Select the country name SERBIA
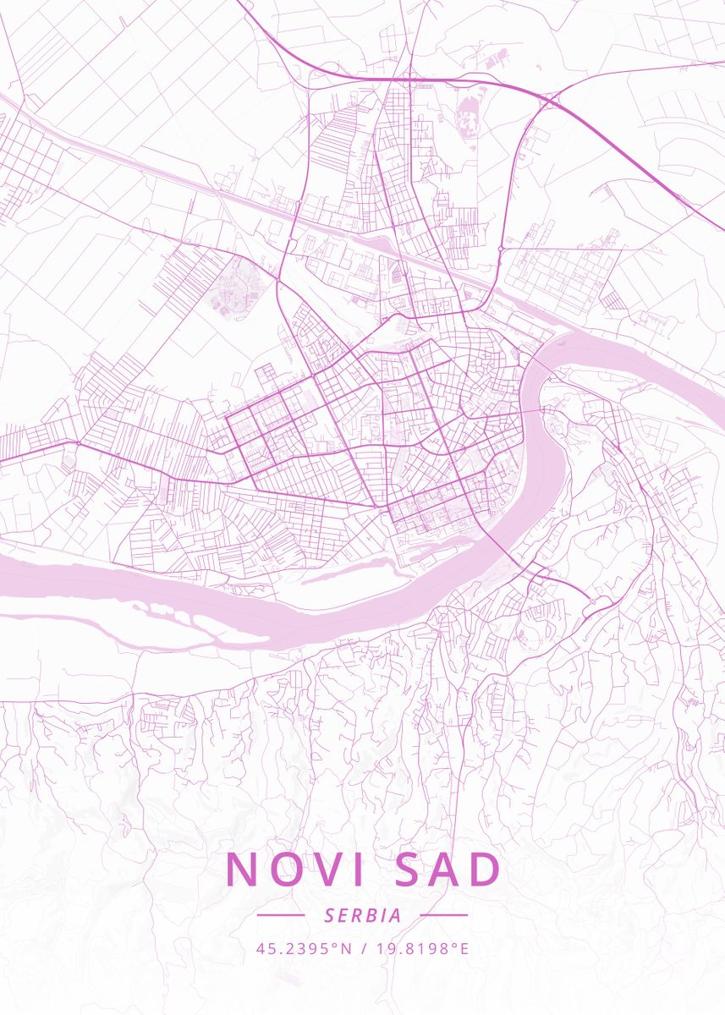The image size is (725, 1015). (362, 915)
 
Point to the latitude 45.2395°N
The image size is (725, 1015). (303, 948)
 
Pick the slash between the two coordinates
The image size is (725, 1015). (362, 948)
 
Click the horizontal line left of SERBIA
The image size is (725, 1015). (280, 915)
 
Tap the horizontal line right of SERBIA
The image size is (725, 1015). (443, 915)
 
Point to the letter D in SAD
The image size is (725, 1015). (482, 870)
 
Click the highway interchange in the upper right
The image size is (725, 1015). (551, 101)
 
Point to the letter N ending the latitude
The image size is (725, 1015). (345, 948)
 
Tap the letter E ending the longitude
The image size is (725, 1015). (464, 948)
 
